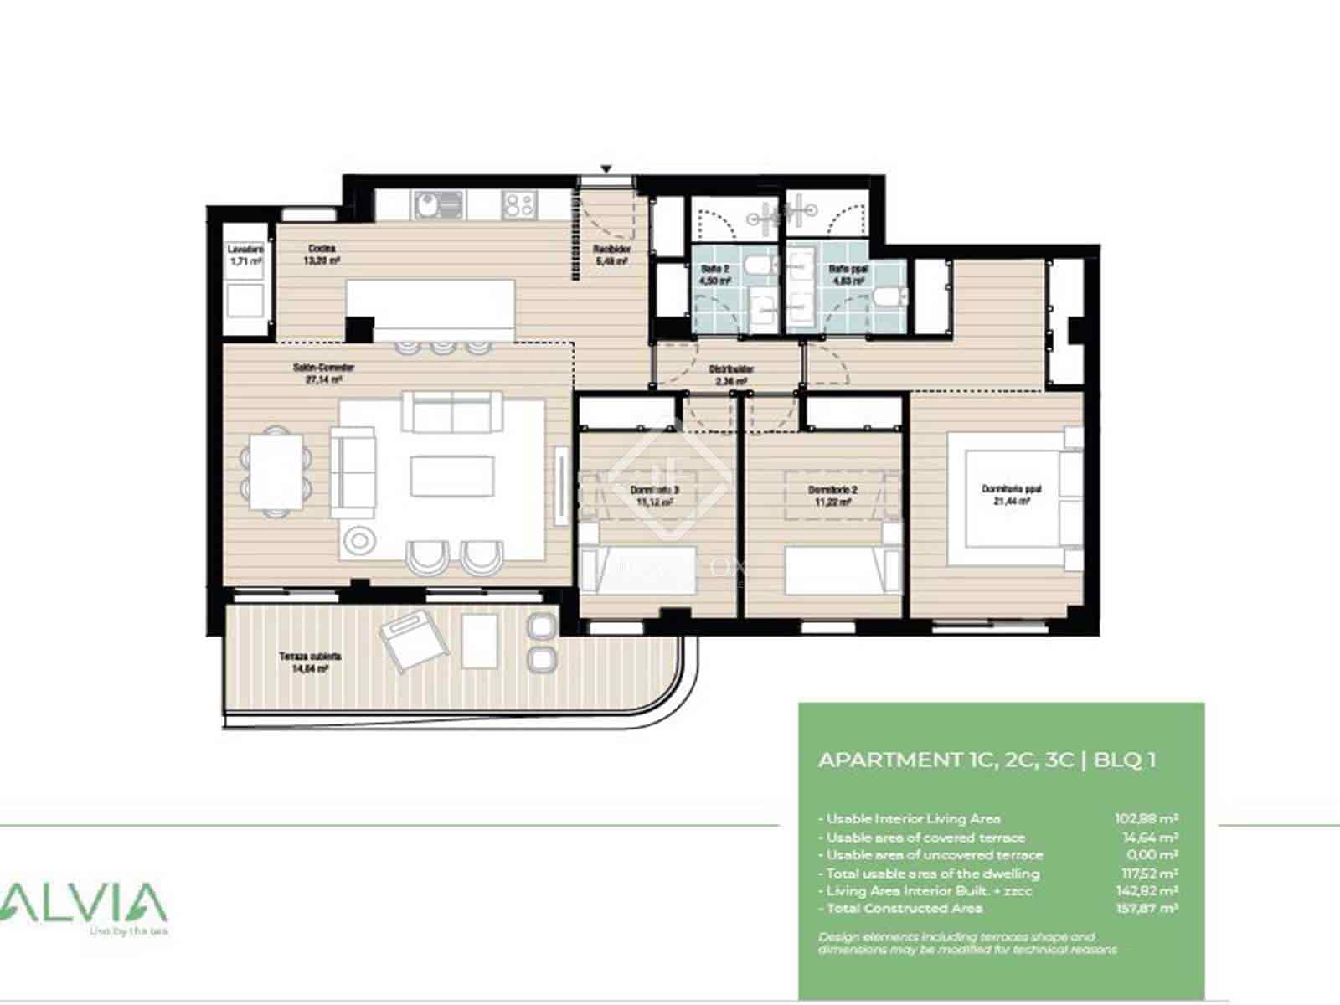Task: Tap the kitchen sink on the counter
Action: tap(435, 204)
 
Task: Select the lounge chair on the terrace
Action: tap(412, 642)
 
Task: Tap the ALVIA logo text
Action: tap(84, 903)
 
